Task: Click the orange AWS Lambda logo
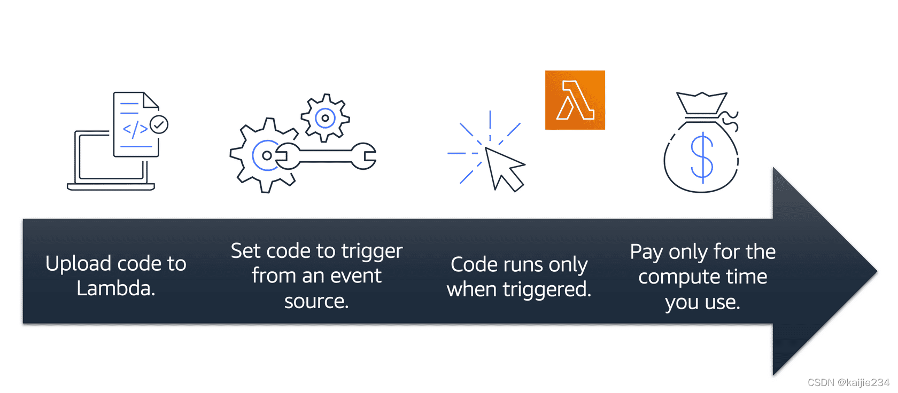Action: [x=575, y=100]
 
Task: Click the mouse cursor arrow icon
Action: [x=504, y=168]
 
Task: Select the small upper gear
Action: [x=325, y=118]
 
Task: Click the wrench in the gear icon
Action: [x=326, y=156]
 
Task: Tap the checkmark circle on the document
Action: [x=159, y=124]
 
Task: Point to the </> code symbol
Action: [x=135, y=129]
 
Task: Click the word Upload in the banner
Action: [x=78, y=264]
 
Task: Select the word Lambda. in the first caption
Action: [x=115, y=288]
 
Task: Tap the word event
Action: [x=357, y=276]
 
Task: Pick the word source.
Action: [x=316, y=301]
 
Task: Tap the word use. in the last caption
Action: [x=722, y=302]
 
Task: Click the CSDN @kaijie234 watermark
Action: [x=848, y=382]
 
